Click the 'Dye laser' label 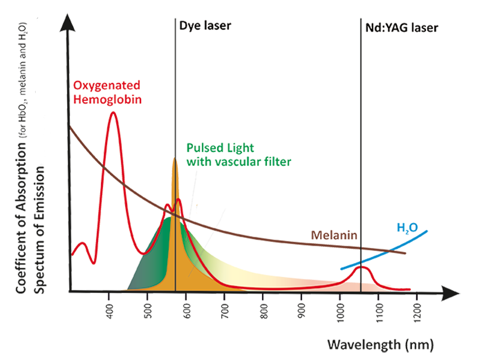click(206, 26)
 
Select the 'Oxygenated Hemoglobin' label click(107, 91)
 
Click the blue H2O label click(403, 228)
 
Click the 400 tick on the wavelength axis click(110, 309)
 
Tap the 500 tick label click(148, 309)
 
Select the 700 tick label click(225, 309)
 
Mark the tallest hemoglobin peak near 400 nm click(113, 113)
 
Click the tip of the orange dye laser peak click(175, 159)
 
